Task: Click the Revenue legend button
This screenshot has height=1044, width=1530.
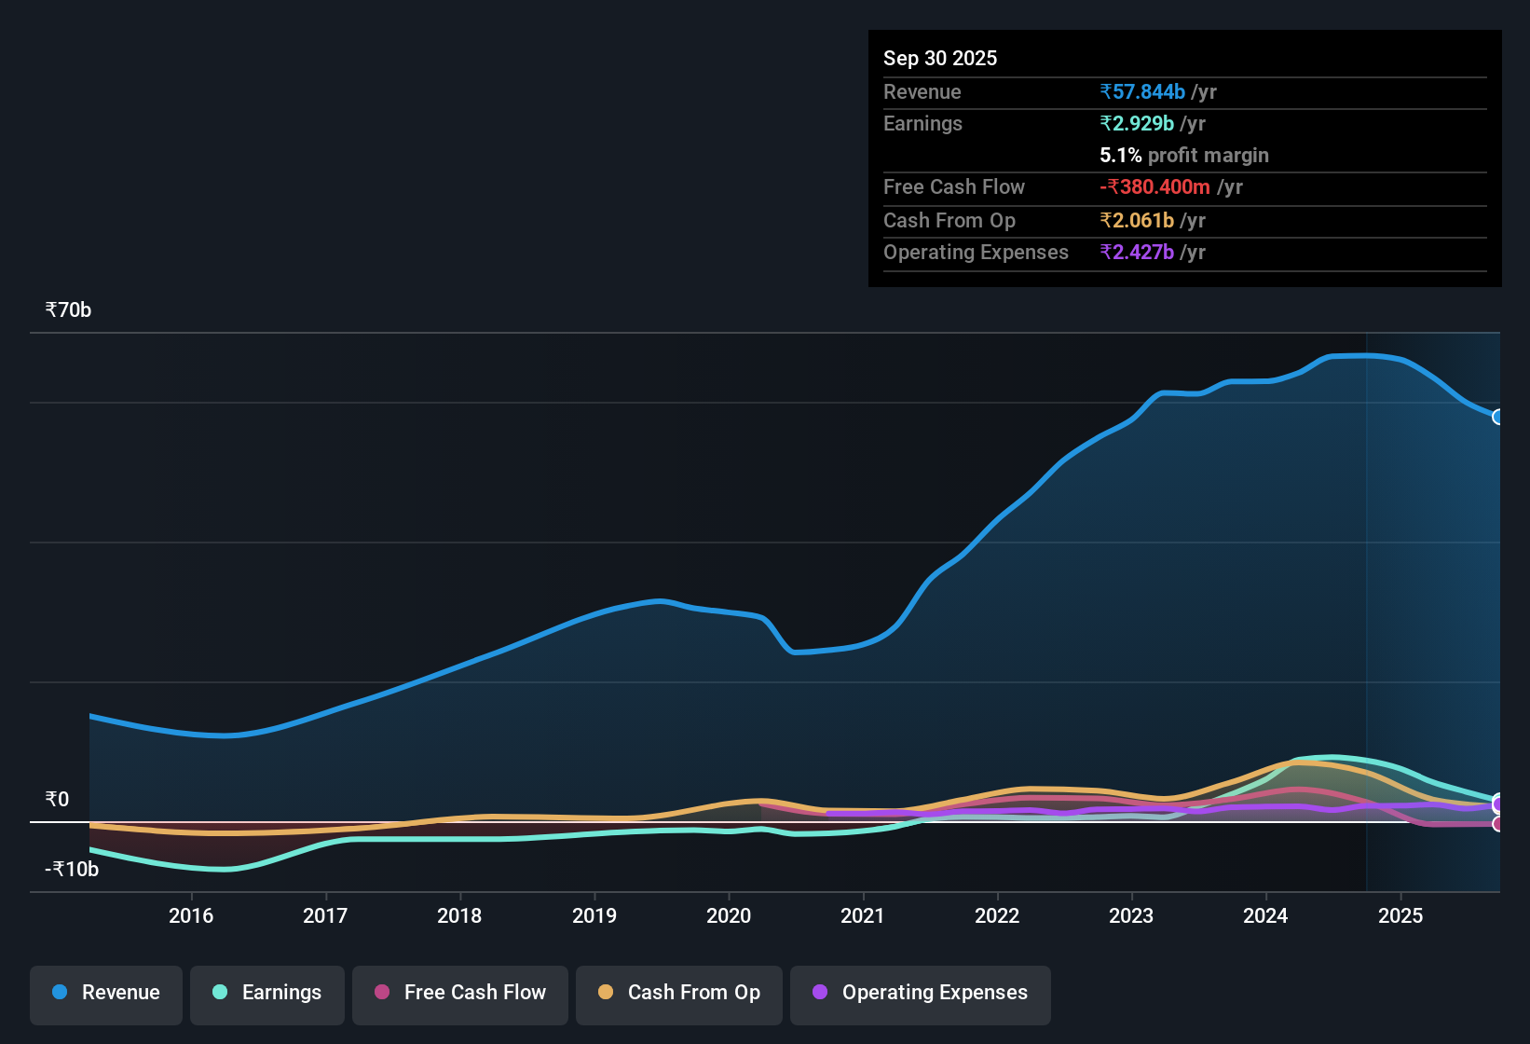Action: [106, 993]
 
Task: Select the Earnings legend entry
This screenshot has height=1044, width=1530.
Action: [267, 993]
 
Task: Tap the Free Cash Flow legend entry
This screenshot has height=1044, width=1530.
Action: [460, 993]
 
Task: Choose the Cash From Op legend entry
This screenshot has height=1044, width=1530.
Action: [679, 993]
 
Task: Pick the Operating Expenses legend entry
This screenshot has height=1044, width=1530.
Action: [921, 993]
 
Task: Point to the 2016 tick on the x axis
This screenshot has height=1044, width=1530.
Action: [191, 915]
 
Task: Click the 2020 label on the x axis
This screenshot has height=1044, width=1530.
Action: [729, 915]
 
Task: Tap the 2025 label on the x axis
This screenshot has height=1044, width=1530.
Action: [1400, 915]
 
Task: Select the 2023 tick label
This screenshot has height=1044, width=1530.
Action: [1131, 915]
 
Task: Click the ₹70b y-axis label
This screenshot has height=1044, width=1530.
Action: [68, 310]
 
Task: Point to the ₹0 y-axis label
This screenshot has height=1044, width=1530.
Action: [57, 799]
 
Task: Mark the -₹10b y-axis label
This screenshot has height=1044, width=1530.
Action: [72, 870]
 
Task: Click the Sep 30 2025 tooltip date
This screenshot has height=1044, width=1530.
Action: [940, 58]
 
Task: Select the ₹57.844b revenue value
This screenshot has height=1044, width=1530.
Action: [1142, 91]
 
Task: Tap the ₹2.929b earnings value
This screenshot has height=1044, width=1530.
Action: [1137, 123]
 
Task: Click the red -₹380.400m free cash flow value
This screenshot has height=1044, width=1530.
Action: [1155, 186]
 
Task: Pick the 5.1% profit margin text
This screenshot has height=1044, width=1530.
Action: [1184, 155]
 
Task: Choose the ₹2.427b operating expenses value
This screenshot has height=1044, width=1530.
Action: [1137, 252]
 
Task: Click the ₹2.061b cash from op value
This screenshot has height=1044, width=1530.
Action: [1137, 220]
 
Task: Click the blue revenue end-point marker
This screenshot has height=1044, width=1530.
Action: [1497, 417]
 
